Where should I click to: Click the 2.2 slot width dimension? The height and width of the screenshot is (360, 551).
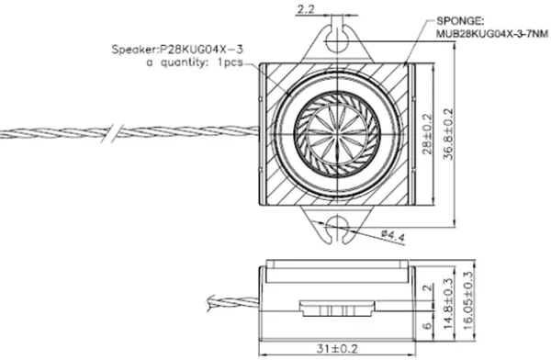pos(306,9)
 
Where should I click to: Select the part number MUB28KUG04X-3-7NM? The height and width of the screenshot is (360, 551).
pos(492,34)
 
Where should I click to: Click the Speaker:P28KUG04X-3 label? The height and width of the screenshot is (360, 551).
pos(177,50)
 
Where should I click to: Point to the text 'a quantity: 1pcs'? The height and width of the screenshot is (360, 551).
pos(195,62)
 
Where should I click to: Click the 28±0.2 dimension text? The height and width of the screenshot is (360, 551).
pos(427,134)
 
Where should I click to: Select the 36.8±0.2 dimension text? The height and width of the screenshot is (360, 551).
pos(448,134)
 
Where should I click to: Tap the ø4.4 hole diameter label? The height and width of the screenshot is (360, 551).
pos(393,237)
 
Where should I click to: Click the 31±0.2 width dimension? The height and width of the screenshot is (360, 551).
pos(337,349)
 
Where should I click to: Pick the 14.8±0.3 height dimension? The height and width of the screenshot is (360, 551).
pos(448,304)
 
